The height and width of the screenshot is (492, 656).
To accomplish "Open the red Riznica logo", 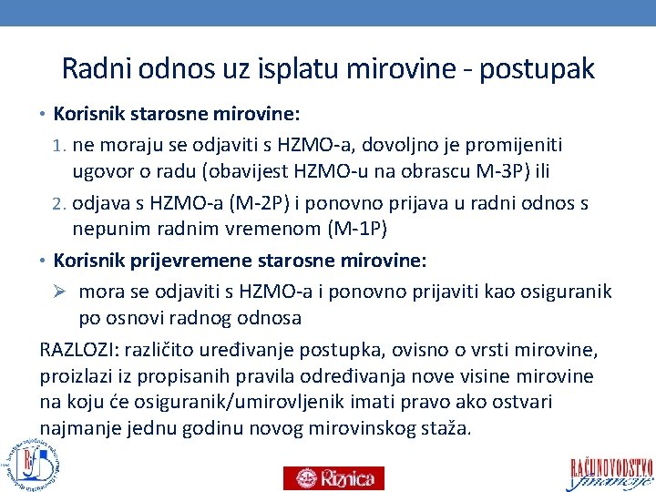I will coord(333,477).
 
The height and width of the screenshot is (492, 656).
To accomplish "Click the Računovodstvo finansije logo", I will coord(611,472).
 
